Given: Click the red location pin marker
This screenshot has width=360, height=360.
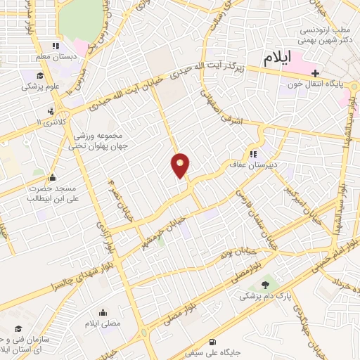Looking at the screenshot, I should (180, 165).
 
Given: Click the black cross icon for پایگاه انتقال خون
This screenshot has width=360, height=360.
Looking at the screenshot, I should (316, 73).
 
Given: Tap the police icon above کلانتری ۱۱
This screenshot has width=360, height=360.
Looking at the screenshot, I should (50, 110).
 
